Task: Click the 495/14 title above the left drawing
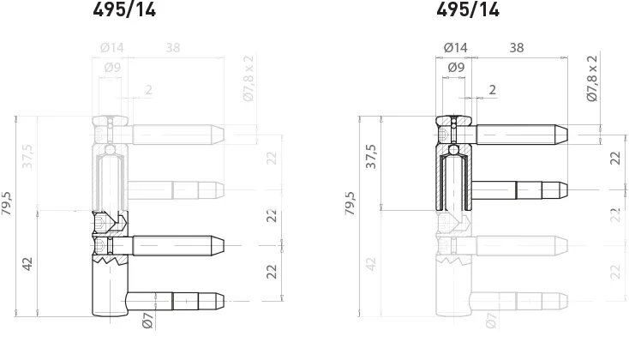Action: [x=124, y=10]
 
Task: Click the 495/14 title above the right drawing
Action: [x=467, y=10]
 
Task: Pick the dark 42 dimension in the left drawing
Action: [x=28, y=262]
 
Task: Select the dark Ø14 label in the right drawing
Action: [x=455, y=48]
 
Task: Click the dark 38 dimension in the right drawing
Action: [x=517, y=48]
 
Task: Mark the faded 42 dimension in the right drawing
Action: [x=371, y=262]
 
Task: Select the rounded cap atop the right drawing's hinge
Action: [x=453, y=120]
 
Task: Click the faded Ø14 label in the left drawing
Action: [x=112, y=48]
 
